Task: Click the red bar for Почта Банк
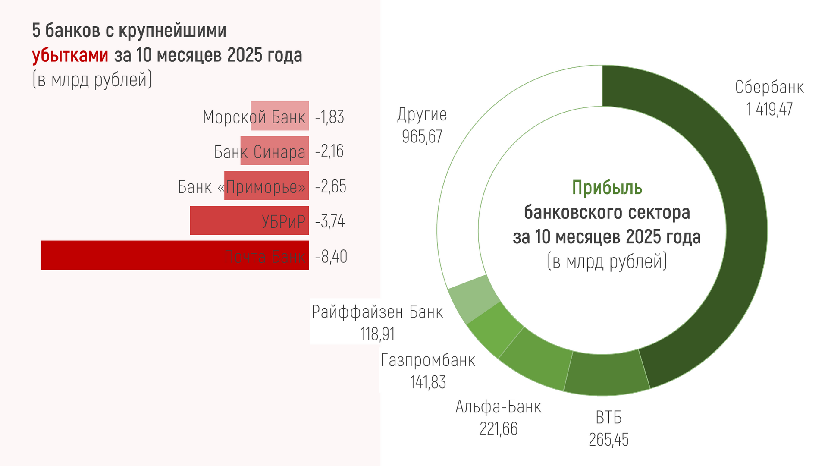[129, 255]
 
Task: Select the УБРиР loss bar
[224, 220]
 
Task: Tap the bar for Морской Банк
[280, 116]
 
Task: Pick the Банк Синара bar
[275, 151]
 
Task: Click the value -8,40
[331, 257]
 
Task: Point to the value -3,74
[330, 221]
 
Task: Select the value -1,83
[329, 117]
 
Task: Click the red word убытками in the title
[70, 55]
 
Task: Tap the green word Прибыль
[607, 188]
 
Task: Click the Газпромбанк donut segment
[496, 330]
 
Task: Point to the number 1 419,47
[769, 109]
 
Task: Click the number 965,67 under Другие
[422, 137]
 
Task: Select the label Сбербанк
[769, 88]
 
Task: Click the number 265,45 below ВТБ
[608, 440]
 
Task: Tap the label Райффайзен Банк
[377, 312]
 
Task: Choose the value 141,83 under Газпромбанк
[428, 382]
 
